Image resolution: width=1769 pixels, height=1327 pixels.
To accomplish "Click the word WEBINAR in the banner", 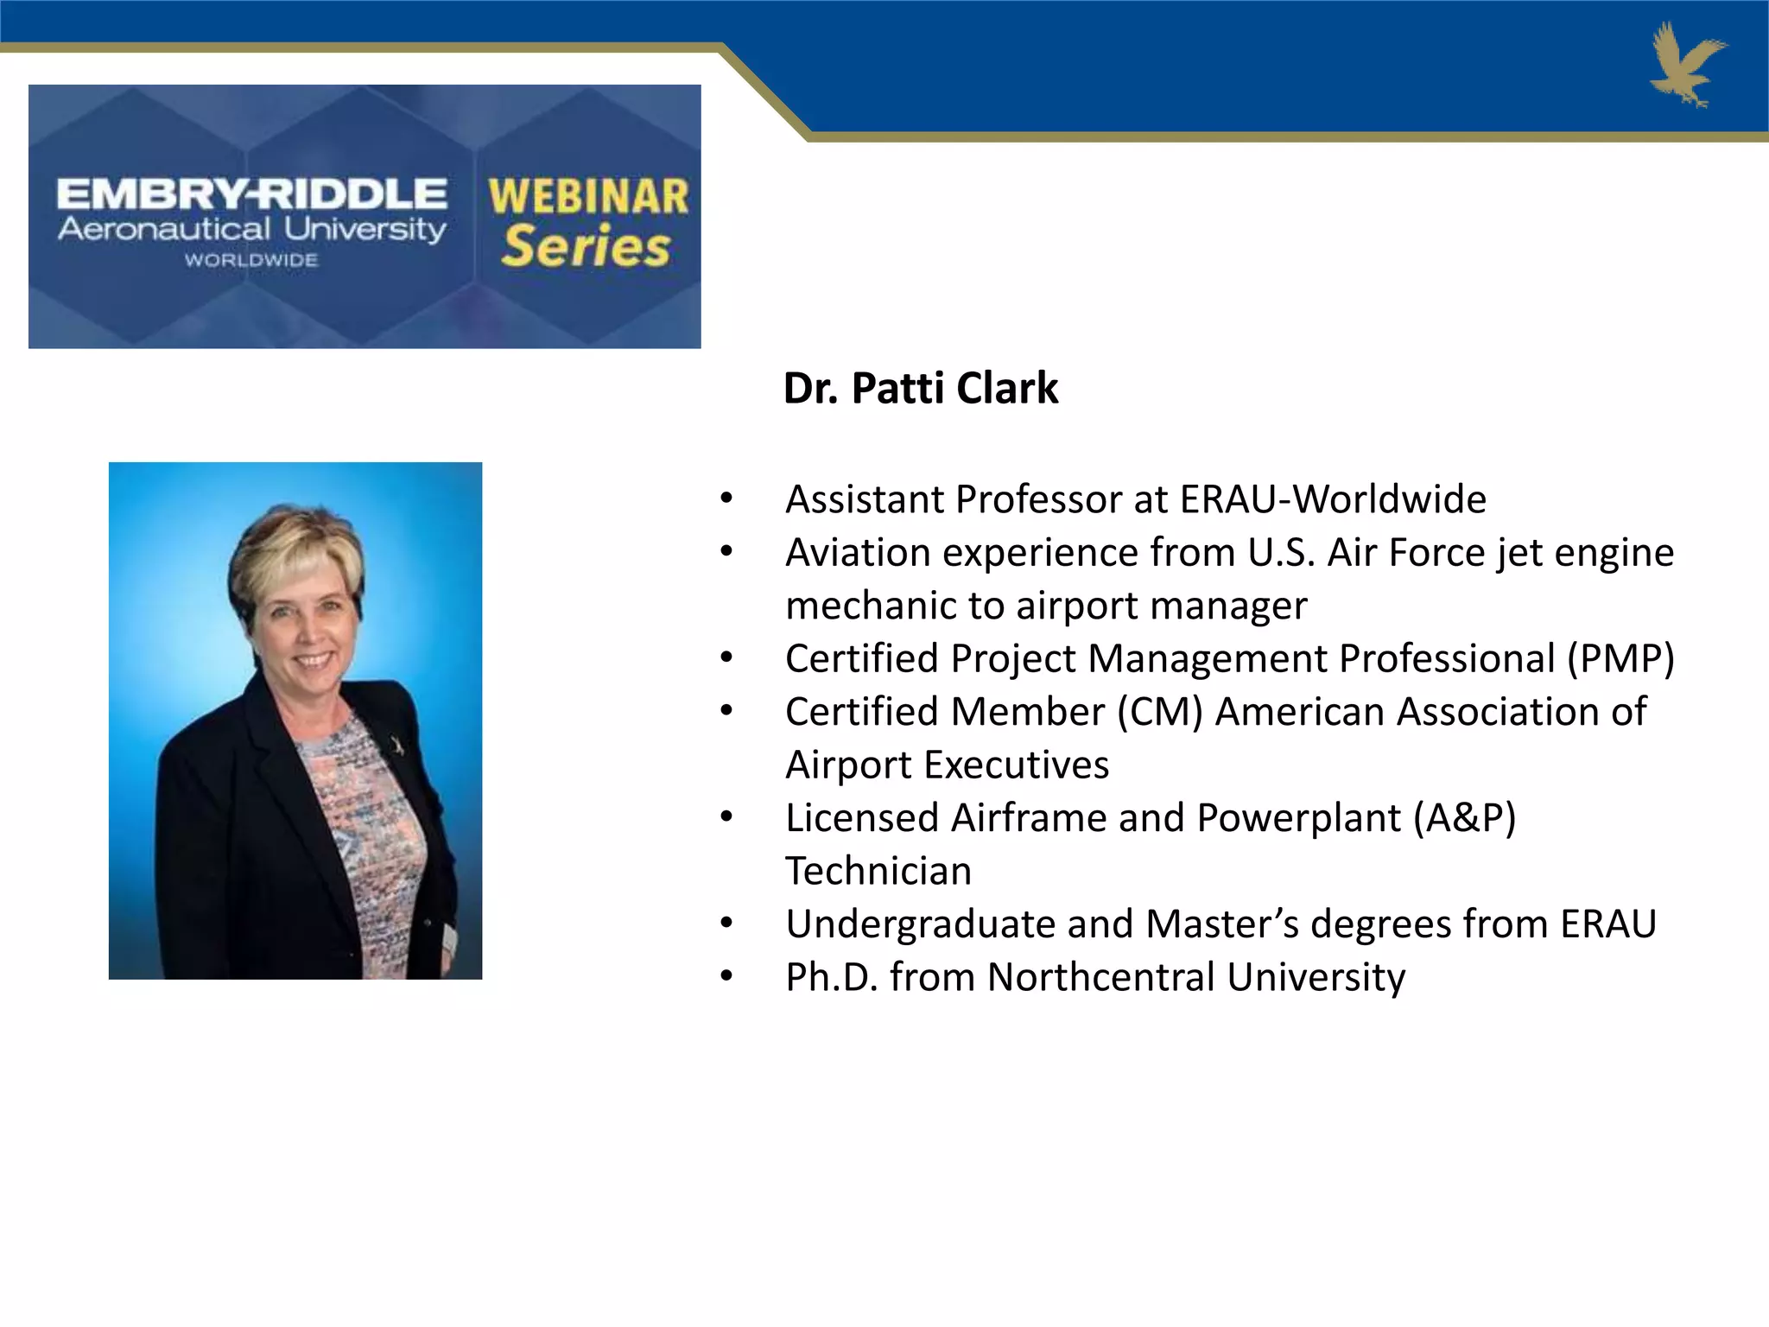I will pyautogui.click(x=588, y=197).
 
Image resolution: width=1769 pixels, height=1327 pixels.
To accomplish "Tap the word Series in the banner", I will pyautogui.click(x=586, y=247).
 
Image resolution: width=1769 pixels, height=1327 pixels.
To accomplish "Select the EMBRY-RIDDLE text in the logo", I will pyautogui.click(x=251, y=194).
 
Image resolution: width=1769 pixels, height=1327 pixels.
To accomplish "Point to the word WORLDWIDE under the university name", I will pyautogui.click(x=251, y=260).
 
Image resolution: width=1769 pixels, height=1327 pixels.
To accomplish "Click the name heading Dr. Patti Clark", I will pyautogui.click(x=920, y=388).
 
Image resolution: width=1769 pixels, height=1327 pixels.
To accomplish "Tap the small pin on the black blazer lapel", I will pyautogui.click(x=397, y=744).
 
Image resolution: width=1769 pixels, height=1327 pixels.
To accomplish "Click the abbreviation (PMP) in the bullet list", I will pyautogui.click(x=1620, y=658).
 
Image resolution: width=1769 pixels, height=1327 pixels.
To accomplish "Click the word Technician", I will pyautogui.click(x=878, y=871).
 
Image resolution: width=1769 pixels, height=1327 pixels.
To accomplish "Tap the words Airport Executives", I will pyautogui.click(x=947, y=765).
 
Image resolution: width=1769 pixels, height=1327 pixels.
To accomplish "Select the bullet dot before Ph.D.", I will pyautogui.click(x=726, y=977).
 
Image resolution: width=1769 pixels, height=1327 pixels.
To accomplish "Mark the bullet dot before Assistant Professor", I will pyautogui.click(x=726, y=498).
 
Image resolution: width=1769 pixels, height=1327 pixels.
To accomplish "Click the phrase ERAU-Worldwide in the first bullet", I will pyautogui.click(x=1333, y=499).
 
